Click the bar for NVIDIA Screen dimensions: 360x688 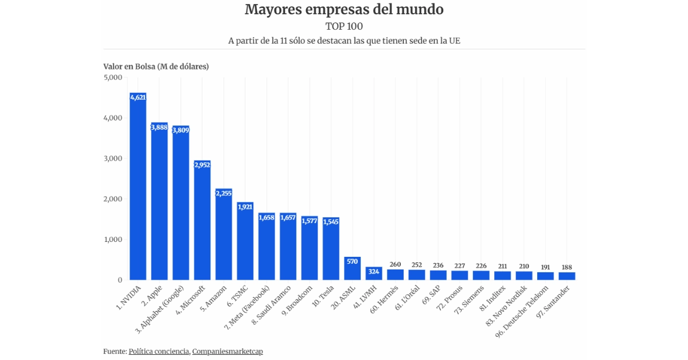(138, 189)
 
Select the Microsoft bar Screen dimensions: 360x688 (202, 224)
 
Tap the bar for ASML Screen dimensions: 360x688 (353, 269)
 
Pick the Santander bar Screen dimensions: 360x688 (567, 276)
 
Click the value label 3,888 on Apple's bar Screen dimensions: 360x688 (159, 127)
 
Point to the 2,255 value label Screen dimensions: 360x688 (224, 193)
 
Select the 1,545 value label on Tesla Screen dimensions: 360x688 (331, 222)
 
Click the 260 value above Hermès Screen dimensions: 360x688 (395, 264)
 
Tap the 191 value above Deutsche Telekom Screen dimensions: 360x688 (545, 267)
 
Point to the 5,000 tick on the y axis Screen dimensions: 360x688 (112, 77)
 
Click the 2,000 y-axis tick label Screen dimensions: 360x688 (112, 199)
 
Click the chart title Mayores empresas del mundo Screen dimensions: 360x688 (344, 10)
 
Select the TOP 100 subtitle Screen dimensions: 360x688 (344, 26)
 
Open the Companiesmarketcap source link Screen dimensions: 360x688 (228, 351)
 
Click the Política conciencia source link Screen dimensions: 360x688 (159, 351)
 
